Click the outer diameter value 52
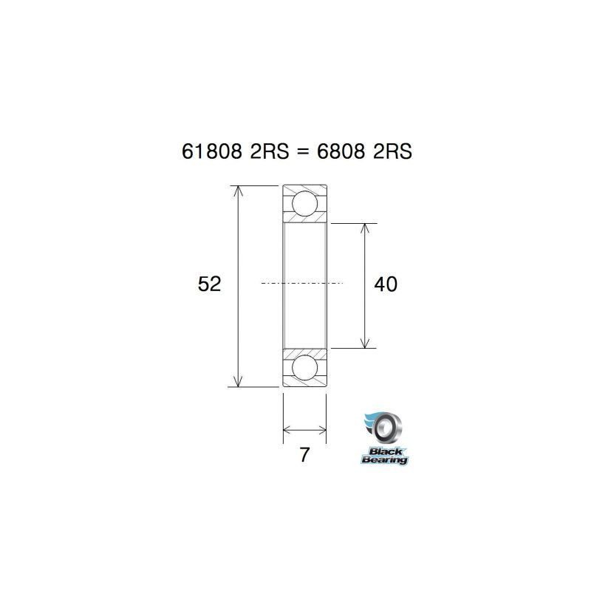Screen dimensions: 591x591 point(210,284)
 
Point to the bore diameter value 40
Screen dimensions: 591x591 point(386,284)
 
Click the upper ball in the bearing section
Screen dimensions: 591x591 point(304,203)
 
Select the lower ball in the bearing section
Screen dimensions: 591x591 point(304,367)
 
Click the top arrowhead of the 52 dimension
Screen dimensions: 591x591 point(237,191)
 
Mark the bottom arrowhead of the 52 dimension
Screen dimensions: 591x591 point(237,380)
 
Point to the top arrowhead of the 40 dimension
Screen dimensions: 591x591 point(364,228)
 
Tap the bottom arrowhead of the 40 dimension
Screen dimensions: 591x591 point(364,342)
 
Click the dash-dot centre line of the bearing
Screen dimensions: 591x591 point(303,283)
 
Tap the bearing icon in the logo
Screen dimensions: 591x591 point(385,427)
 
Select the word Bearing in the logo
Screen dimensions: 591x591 point(384,460)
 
